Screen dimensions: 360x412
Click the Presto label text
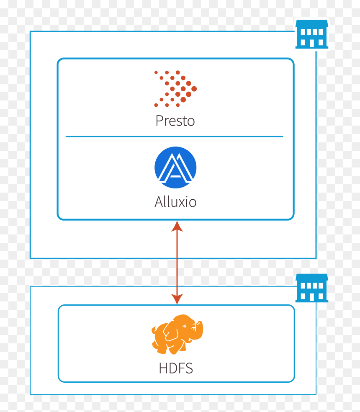click(175, 121)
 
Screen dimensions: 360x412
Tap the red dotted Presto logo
click(175, 88)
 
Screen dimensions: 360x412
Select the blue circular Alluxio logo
click(175, 167)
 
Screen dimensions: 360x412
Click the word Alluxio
click(175, 202)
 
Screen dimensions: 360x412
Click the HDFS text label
click(176, 368)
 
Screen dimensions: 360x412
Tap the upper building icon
click(312, 34)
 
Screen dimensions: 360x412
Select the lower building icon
click(312, 288)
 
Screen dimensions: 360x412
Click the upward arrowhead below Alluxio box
click(177, 226)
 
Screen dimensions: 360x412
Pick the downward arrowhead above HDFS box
click(177, 299)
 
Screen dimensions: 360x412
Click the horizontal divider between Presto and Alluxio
click(175, 136)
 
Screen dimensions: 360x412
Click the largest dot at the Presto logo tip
click(194, 89)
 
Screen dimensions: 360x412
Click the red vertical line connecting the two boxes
click(177, 263)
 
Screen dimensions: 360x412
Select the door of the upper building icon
click(312, 44)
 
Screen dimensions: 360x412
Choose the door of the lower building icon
click(312, 297)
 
